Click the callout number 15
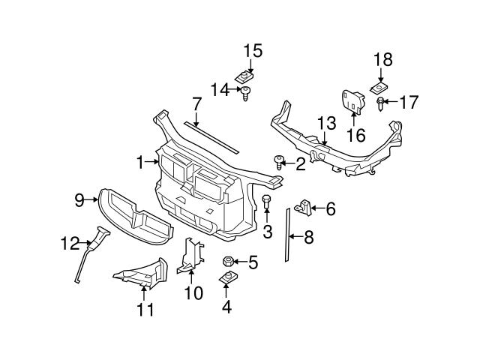coord(253,51)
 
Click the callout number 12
coord(68,242)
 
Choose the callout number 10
coord(193,293)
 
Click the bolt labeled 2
coord(280,160)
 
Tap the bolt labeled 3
coord(266,201)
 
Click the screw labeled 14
coord(245,93)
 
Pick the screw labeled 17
coord(382,101)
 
